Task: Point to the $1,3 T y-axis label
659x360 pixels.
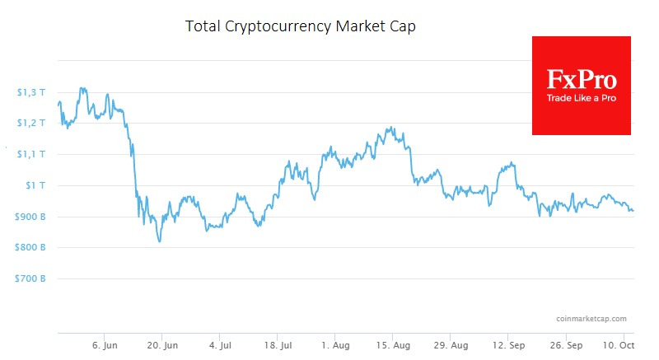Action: coord(31,91)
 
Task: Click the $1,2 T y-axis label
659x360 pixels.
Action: coord(31,123)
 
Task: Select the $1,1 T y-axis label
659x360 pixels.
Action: coord(31,154)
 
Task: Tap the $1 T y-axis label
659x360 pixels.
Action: coord(35,185)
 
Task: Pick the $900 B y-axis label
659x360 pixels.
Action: coord(30,217)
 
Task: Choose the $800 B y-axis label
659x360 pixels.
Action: coord(30,248)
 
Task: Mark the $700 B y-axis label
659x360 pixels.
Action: coord(30,279)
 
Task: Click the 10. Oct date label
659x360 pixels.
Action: coord(618,344)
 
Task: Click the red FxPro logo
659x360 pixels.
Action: coord(582,85)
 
